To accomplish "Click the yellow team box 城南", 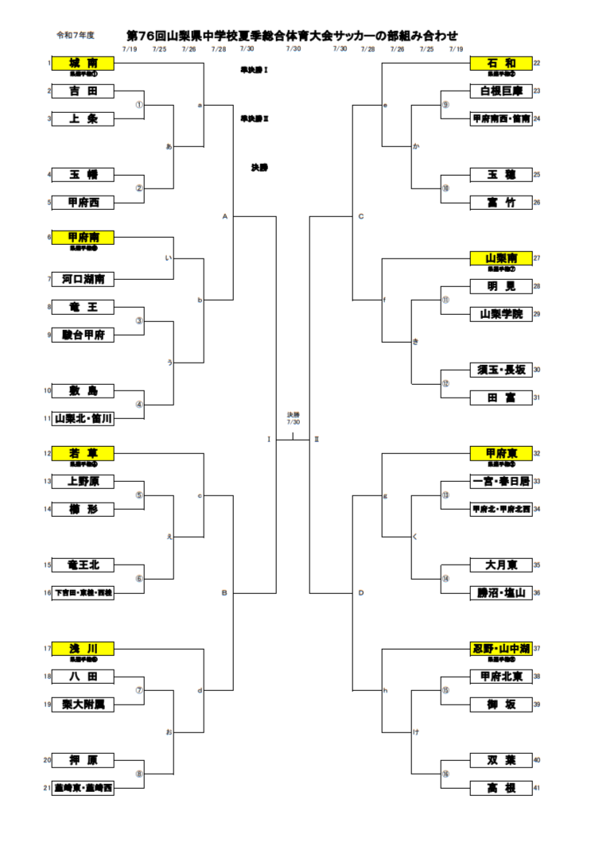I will [83, 63].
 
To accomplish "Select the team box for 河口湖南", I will [83, 278].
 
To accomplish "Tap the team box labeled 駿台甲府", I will [83, 335].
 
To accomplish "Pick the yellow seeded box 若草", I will [83, 453].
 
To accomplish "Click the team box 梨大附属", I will [83, 704].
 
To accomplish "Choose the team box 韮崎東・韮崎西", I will [83, 788].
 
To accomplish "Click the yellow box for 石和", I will [500, 63].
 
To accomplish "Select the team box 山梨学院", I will [500, 314].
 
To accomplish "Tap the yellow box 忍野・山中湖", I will [500, 648].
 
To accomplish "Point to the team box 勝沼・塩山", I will [500, 592].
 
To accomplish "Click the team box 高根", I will [500, 788].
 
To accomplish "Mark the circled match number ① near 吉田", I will [139, 104].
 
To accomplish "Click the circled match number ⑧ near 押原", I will [139, 774].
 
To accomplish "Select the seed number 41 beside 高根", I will [537, 788].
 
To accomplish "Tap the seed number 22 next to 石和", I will [537, 63].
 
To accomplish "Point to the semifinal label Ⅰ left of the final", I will [269, 439].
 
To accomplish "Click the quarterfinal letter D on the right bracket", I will [361, 592].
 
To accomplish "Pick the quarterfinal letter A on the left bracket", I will [225, 215].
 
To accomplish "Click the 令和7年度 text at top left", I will [75, 36].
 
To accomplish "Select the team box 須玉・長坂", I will [500, 370].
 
